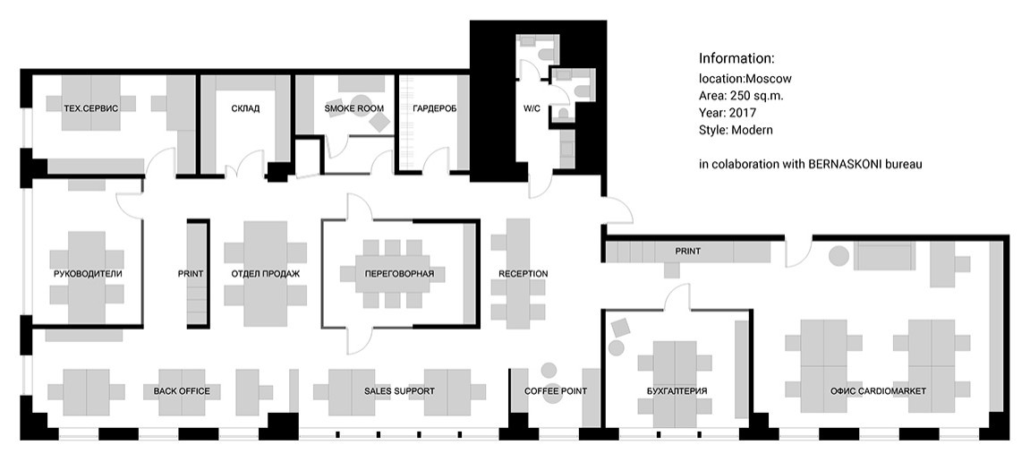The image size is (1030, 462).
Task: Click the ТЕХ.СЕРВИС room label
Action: pyautogui.click(x=91, y=108)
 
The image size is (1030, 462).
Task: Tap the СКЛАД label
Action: pyautogui.click(x=245, y=108)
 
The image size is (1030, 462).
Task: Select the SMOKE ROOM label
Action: pyautogui.click(x=354, y=108)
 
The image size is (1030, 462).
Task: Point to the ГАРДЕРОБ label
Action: pyautogui.click(x=434, y=108)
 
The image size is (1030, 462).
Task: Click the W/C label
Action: pyautogui.click(x=532, y=108)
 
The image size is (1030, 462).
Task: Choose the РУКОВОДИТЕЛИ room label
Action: pyautogui.click(x=88, y=273)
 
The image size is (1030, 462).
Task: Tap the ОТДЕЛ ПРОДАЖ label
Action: pyautogui.click(x=266, y=273)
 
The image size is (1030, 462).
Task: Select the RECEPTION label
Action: pyautogui.click(x=523, y=273)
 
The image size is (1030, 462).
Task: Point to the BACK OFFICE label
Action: pyautogui.click(x=182, y=391)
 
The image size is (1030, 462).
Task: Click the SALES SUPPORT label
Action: pyautogui.click(x=399, y=391)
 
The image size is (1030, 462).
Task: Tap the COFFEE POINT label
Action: pyautogui.click(x=556, y=391)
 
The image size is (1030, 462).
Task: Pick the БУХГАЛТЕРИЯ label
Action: pyautogui.click(x=677, y=391)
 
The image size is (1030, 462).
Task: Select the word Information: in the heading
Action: pyautogui.click(x=737, y=58)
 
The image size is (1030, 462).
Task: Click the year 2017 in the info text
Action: pyautogui.click(x=743, y=113)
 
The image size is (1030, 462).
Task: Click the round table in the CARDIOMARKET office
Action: pyautogui.click(x=838, y=256)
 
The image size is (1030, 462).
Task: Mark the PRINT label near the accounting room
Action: pyautogui.click(x=688, y=251)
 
